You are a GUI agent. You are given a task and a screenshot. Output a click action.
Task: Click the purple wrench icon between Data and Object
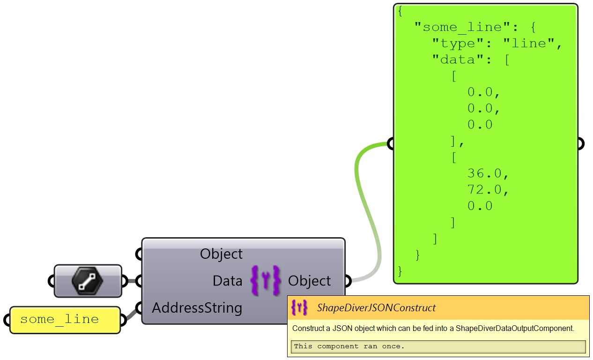point(265,281)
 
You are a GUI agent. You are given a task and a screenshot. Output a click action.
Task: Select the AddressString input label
point(197,308)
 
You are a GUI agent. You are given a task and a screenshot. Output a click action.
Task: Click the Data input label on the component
point(227,281)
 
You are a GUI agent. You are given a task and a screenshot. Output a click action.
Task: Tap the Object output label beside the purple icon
point(309,281)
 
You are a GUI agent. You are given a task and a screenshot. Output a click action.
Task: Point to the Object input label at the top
point(221,254)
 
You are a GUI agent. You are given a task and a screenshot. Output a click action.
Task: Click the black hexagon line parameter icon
point(88,281)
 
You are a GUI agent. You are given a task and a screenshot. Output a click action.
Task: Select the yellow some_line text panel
point(65,320)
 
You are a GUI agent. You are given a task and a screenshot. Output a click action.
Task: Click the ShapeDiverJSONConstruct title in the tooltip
point(376,308)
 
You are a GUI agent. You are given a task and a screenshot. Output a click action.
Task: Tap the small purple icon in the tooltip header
point(299,307)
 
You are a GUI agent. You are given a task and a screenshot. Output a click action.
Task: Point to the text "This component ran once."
point(348,346)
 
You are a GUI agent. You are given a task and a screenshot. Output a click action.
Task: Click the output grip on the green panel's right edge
point(580,143)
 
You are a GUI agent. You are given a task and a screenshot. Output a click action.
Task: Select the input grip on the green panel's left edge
point(391,143)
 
